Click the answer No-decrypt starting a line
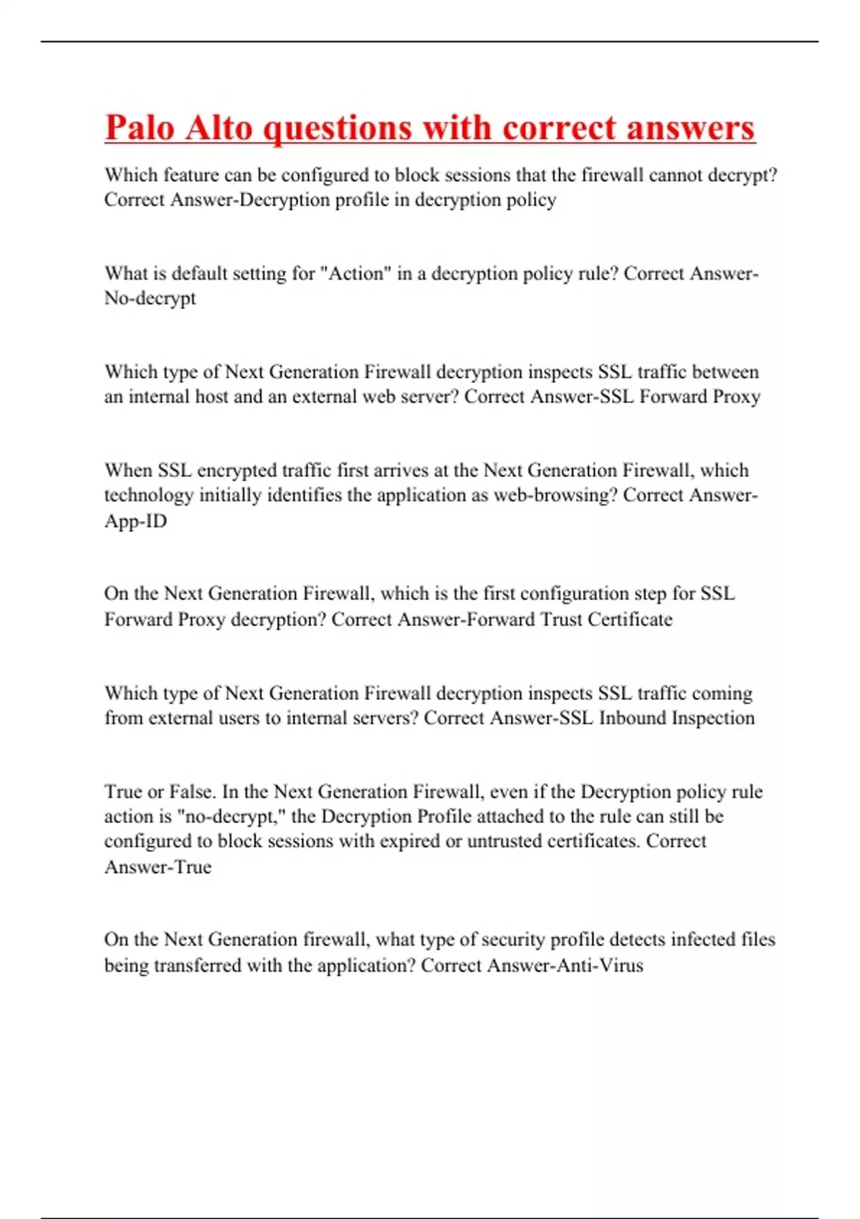click(150, 298)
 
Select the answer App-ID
click(135, 521)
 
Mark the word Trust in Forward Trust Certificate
click(561, 619)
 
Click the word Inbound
click(630, 718)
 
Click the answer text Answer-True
click(158, 867)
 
